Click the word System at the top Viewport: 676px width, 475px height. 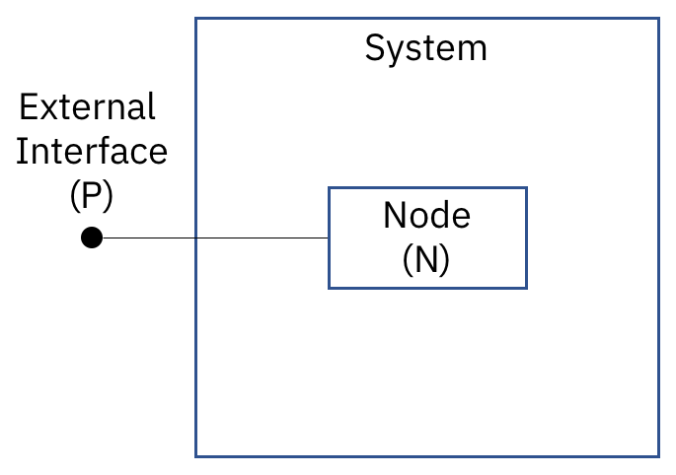click(426, 47)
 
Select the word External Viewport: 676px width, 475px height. click(88, 106)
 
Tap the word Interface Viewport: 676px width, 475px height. click(92, 152)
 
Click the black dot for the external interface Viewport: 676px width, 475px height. click(92, 237)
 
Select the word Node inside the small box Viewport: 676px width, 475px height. click(426, 215)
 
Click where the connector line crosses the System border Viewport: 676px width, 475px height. click(196, 237)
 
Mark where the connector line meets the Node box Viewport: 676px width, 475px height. click(329, 237)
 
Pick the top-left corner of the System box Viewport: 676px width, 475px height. click(196, 18)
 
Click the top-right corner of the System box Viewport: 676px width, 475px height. click(658, 18)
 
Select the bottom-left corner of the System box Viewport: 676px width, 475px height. click(196, 456)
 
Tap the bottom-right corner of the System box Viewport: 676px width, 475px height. click(658, 456)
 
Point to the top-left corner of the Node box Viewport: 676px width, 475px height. click(329, 188)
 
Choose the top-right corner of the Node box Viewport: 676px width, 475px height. click(526, 188)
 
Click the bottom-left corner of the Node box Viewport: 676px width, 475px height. click(329, 288)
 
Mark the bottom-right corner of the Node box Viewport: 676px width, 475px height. click(526, 288)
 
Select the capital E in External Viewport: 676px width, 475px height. click(29, 106)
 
